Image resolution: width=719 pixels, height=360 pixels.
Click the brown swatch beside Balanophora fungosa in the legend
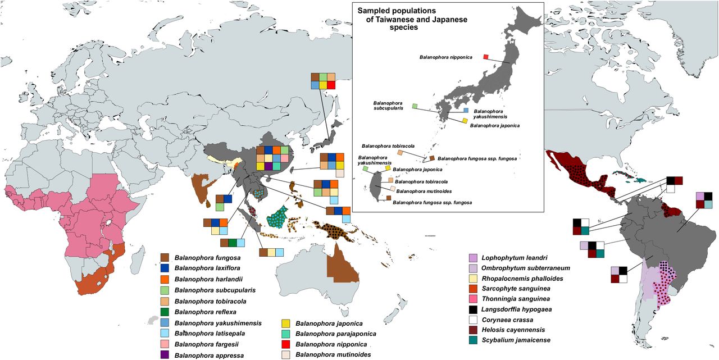coord(165,258)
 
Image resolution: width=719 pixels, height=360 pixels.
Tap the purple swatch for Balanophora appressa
coord(165,355)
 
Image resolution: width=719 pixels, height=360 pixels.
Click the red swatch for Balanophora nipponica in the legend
coord(285,344)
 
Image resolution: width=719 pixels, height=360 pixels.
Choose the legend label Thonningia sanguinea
coord(515,299)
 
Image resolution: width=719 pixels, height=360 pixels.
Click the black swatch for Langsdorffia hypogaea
coord(472,309)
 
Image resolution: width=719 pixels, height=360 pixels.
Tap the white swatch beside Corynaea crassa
coord(472,320)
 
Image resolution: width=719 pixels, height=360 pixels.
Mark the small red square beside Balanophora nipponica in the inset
coord(486,56)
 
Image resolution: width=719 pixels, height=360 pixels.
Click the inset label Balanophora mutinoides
coord(416,191)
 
